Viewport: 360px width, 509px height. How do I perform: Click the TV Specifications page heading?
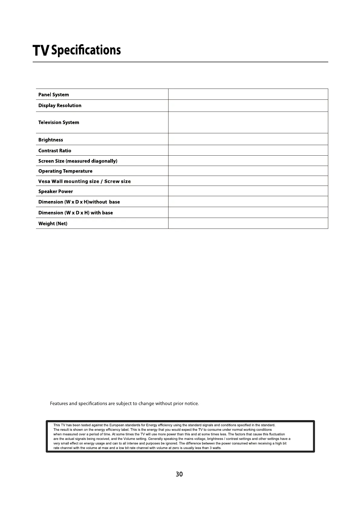point(77,50)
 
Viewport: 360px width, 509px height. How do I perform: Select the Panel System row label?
point(54,95)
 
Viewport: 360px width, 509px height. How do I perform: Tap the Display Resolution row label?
point(60,105)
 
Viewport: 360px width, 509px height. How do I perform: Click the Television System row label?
point(59,122)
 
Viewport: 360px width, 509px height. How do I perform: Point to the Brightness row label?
point(51,140)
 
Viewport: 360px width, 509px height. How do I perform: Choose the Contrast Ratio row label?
point(55,151)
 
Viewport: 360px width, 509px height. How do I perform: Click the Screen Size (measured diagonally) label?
point(78,161)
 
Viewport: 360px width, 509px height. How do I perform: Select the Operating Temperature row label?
point(65,171)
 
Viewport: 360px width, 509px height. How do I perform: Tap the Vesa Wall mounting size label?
point(84,181)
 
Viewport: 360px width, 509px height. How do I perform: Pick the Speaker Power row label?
point(56,191)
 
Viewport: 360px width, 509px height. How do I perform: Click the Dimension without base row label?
point(79,202)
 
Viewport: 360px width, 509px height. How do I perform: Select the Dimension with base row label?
point(76,213)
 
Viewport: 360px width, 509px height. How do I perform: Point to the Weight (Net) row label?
point(53,224)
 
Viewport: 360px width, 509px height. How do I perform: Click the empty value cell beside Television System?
point(248,122)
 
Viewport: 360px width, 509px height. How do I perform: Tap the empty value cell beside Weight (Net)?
point(248,223)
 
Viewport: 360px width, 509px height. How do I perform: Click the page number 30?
point(179,474)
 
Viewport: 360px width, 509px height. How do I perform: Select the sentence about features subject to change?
point(124,404)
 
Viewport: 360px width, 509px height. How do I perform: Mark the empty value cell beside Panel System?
point(248,94)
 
